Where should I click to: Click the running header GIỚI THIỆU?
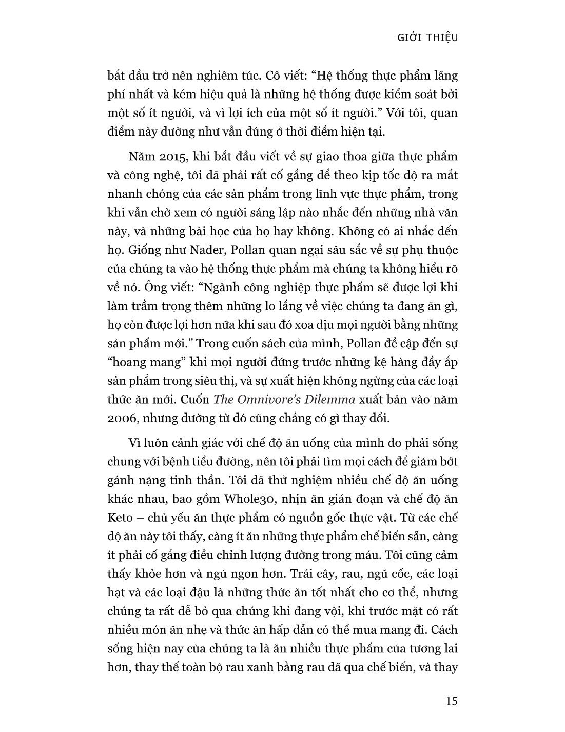427,37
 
